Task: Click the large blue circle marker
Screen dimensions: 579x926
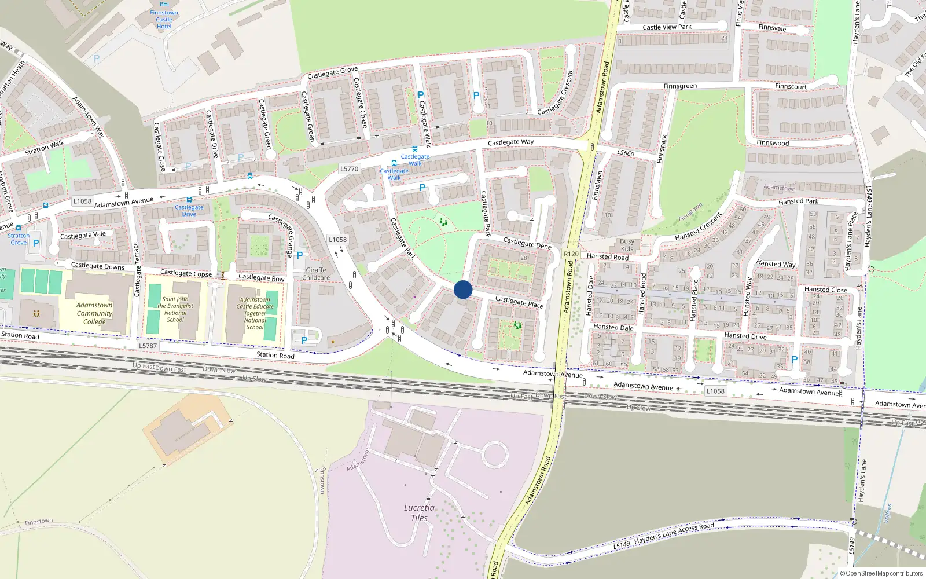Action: pos(463,289)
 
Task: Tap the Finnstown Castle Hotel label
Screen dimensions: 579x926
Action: pos(164,20)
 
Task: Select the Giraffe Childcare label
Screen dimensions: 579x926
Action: pos(316,274)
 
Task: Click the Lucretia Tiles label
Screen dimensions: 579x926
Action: pos(419,513)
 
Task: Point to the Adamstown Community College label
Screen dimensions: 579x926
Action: pos(94,313)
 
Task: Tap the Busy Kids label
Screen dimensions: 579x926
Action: pos(627,245)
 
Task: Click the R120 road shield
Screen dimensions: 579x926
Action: pos(571,254)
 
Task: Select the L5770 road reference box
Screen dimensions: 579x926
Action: pos(349,169)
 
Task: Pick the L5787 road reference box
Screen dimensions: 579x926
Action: pos(148,346)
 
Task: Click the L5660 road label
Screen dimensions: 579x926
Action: pos(626,153)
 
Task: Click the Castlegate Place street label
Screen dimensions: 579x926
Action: pos(519,302)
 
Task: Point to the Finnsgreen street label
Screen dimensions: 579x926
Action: pos(680,86)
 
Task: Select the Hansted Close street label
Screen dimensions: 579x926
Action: pos(825,289)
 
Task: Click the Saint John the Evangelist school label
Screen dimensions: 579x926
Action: pos(175,309)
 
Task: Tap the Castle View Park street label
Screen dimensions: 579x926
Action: pos(667,27)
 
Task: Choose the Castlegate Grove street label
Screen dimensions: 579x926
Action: pos(332,73)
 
